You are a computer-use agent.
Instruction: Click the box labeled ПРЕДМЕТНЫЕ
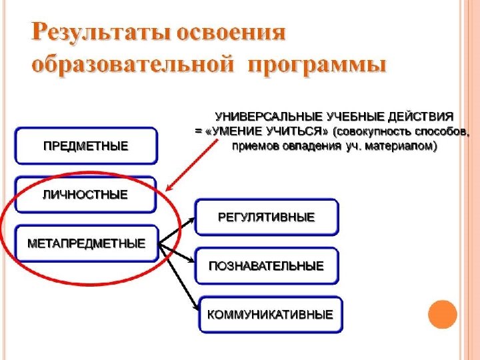[85, 146]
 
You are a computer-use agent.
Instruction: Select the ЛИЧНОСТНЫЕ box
[85, 195]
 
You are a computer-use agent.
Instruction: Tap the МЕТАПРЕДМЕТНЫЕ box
[85, 243]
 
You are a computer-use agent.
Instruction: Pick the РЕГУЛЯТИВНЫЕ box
[267, 217]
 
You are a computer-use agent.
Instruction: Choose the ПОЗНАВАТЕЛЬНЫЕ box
[267, 266]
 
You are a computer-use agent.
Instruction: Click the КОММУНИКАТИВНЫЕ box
[270, 314]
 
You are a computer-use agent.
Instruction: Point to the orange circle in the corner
[443, 315]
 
